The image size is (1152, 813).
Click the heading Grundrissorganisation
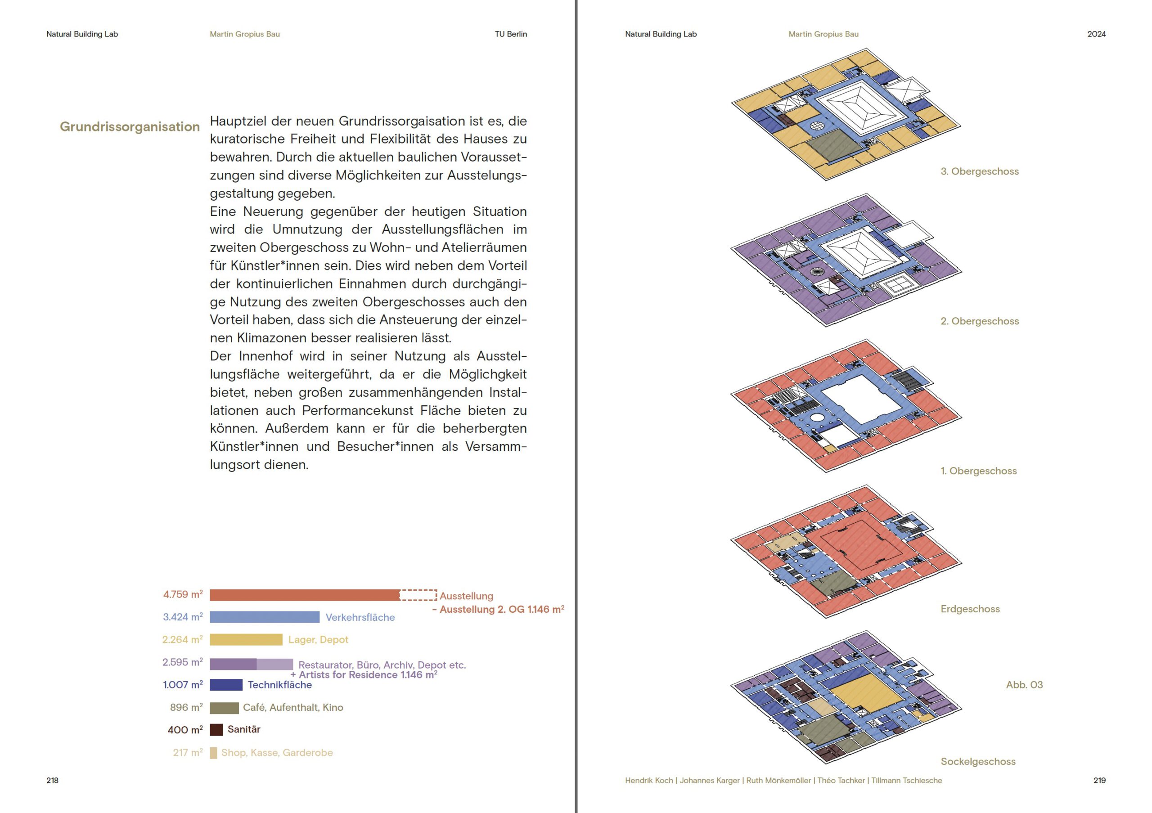(130, 127)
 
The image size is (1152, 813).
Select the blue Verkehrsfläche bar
(265, 617)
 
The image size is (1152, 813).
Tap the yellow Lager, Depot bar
(246, 639)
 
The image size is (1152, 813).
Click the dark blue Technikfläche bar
(226, 685)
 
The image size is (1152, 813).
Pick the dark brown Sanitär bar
(216, 730)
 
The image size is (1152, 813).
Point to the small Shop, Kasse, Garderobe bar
(213, 753)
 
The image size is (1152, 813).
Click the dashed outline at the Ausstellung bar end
(418, 595)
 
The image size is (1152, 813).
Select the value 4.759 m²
(183, 594)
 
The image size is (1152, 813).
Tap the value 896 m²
(187, 707)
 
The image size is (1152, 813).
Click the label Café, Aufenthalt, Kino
(293, 707)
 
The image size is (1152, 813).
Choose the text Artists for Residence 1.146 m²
(368, 674)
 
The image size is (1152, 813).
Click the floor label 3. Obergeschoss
(979, 171)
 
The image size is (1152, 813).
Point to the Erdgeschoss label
(970, 609)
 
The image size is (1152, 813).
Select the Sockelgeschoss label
(978, 761)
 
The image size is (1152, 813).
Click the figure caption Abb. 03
(1024, 685)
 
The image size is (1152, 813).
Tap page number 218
(52, 781)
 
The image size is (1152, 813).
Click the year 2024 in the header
(1096, 34)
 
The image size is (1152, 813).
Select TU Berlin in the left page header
(511, 34)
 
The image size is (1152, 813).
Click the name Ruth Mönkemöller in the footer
(778, 781)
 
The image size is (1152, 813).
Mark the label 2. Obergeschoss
(979, 321)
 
